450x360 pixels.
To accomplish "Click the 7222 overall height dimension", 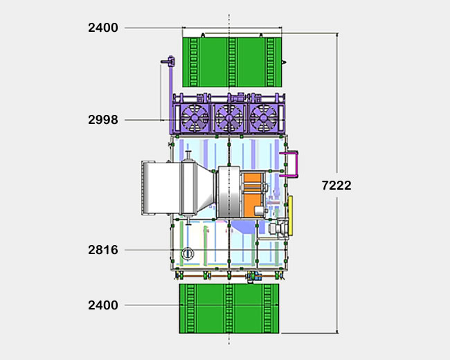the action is [336, 186].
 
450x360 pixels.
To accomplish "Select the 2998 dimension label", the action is [103, 120].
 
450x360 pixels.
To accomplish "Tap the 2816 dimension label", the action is [103, 250].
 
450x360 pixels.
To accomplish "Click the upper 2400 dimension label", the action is [103, 28].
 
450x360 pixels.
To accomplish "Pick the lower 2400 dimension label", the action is [103, 305].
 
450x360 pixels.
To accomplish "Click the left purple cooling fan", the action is [195, 118].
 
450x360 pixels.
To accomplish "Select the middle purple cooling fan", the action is [229, 118].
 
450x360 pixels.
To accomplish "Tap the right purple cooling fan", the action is [264, 118].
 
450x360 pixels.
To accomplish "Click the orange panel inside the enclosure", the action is [253, 195].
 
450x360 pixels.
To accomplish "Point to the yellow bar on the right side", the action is [291, 215].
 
